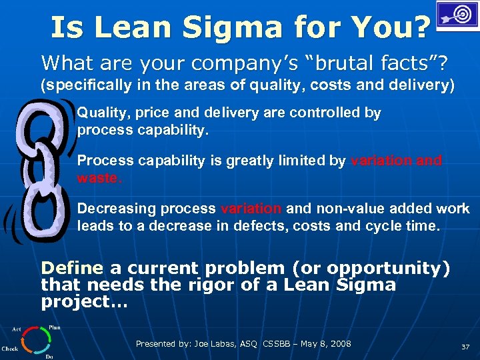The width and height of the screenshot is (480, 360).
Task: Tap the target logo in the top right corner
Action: (457, 15)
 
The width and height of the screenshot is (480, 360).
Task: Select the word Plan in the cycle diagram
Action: (54, 328)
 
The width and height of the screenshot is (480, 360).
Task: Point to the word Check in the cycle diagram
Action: (10, 349)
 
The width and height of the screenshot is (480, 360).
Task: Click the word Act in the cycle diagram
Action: (17, 329)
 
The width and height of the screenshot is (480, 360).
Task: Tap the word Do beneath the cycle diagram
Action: (49, 357)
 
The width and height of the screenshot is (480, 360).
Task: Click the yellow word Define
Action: (72, 269)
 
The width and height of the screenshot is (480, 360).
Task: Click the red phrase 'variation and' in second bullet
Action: (395, 161)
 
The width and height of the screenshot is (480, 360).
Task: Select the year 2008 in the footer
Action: (339, 344)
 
